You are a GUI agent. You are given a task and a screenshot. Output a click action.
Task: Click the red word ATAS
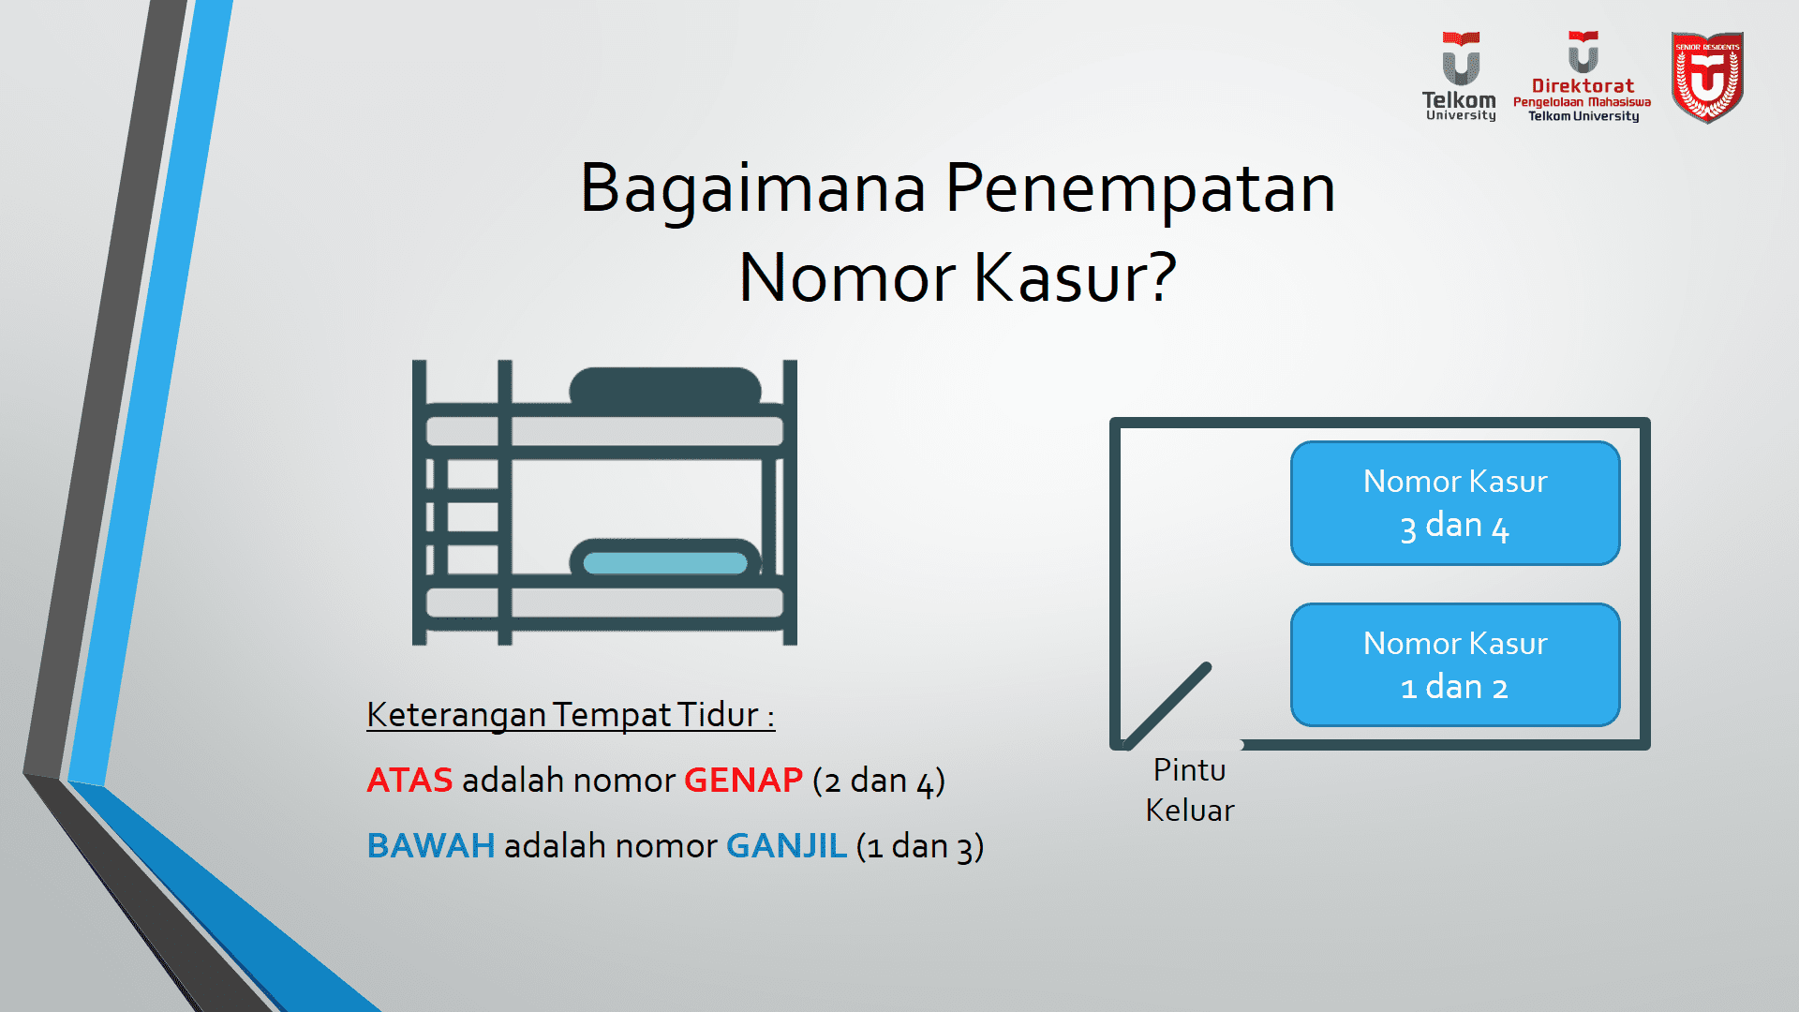pos(409,781)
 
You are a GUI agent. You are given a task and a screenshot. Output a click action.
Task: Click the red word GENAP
pos(743,781)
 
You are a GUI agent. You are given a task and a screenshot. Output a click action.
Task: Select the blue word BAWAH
pos(430,846)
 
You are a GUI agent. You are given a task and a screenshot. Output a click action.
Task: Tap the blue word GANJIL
pos(786,846)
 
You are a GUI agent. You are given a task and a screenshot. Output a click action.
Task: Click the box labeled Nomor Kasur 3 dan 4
pos(1454,503)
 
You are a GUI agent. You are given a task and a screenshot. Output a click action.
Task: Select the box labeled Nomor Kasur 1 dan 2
pos(1454,665)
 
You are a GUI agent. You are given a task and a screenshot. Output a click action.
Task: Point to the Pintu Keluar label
pos(1189,790)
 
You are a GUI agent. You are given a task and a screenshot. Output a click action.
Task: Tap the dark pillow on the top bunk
pos(664,386)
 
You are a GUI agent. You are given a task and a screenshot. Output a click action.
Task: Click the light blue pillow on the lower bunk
pos(664,562)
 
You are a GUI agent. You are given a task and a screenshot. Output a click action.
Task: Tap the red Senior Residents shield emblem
pos(1707,78)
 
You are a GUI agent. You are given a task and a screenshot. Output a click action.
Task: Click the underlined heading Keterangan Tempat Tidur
pos(570,715)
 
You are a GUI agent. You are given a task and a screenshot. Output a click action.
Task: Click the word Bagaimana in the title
pos(752,188)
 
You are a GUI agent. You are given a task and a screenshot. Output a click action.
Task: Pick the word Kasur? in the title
pos(1075,278)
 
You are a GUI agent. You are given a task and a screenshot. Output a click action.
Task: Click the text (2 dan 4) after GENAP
pos(878,781)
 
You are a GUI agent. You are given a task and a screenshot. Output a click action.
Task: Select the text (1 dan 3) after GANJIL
pos(919,846)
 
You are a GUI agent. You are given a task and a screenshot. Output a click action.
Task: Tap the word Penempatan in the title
pos(1140,188)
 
